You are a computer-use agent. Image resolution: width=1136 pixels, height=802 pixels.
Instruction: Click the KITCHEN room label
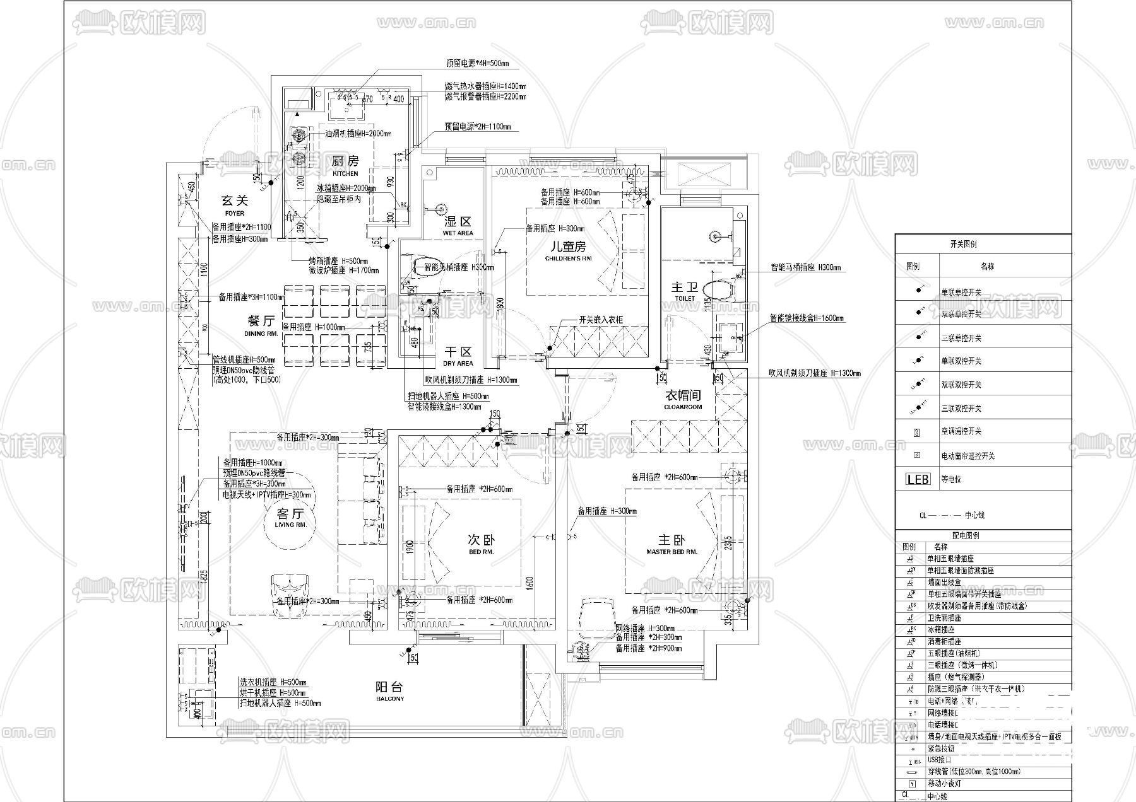pyautogui.click(x=345, y=173)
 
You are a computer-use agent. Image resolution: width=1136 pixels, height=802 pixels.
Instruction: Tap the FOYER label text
pyautogui.click(x=234, y=214)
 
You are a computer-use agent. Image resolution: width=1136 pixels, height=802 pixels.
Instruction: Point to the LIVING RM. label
pyautogui.click(x=290, y=525)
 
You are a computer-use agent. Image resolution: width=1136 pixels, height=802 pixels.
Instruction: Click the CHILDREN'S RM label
pyautogui.click(x=569, y=259)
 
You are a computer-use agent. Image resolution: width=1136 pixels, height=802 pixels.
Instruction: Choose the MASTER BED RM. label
pyautogui.click(x=672, y=552)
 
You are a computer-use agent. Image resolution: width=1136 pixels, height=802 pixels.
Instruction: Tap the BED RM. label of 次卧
pyautogui.click(x=481, y=552)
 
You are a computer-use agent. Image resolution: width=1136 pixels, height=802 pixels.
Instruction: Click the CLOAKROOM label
pyautogui.click(x=683, y=407)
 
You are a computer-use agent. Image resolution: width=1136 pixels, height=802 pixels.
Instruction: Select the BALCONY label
pyautogui.click(x=389, y=699)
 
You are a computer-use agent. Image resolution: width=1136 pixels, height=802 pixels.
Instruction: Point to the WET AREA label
pyautogui.click(x=458, y=233)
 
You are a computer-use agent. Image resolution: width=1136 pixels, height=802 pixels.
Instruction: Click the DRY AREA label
pyautogui.click(x=458, y=364)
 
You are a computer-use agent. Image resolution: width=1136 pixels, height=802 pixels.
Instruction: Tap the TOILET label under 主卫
pyautogui.click(x=685, y=298)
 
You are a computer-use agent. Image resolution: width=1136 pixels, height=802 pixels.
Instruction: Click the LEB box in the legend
pyautogui.click(x=918, y=479)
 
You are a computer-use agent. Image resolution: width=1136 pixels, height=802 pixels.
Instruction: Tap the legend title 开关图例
pyautogui.click(x=963, y=244)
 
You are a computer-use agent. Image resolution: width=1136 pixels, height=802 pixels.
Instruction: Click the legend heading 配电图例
pyautogui.click(x=965, y=535)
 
